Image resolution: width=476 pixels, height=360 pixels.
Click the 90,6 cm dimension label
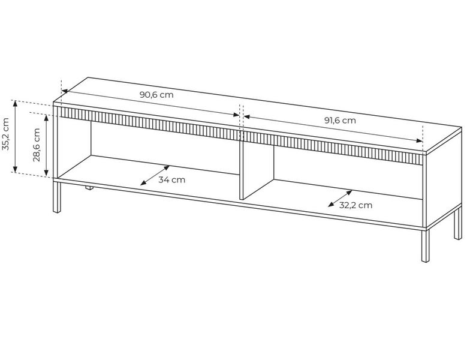click(x=156, y=94)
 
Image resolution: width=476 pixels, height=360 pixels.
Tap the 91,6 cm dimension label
click(x=340, y=121)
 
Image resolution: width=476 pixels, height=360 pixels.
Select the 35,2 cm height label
click(x=6, y=134)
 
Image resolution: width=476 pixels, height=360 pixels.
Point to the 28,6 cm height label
click(x=37, y=145)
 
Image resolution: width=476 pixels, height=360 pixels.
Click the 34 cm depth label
click(x=172, y=179)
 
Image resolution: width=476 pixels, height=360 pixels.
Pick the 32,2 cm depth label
click(x=356, y=205)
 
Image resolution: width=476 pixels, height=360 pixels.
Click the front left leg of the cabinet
click(x=57, y=197)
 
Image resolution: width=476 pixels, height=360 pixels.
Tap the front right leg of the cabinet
click(x=426, y=245)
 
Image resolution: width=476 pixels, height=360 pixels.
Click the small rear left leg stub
click(x=89, y=188)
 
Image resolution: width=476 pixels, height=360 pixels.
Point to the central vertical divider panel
click(x=257, y=171)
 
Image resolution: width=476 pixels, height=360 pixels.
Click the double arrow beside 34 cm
click(x=155, y=175)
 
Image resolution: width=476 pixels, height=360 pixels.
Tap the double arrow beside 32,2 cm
click(x=340, y=199)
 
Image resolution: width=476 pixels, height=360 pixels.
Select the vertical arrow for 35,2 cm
click(x=15, y=136)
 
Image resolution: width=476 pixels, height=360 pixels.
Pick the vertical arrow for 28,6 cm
click(x=46, y=145)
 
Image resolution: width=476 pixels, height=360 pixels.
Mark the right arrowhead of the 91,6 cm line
click(x=420, y=140)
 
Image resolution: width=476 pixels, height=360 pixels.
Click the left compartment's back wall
click(x=165, y=148)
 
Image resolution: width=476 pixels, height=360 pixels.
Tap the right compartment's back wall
click(x=348, y=173)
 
